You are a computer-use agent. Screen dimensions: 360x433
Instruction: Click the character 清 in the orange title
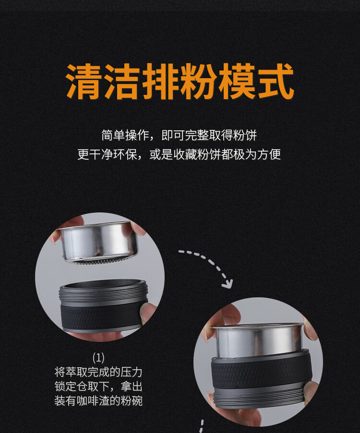tap(84, 82)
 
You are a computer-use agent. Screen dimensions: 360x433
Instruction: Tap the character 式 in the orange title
tap(276, 82)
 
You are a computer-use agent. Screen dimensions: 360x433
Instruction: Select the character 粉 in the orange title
tap(199, 82)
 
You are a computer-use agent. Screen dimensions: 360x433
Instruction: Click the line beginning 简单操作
tap(179, 135)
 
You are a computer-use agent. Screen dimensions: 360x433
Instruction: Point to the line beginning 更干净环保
tap(179, 154)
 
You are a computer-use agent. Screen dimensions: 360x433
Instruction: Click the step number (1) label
tap(98, 358)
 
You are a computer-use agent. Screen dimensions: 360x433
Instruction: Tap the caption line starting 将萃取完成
tap(98, 372)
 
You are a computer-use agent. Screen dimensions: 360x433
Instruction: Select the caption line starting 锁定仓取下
tap(98, 386)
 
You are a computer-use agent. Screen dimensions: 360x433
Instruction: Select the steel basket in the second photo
tap(259, 341)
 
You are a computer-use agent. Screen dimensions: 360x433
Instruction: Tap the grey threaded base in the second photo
tap(260, 396)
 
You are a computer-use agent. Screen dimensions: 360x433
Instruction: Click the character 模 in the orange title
tap(237, 82)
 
